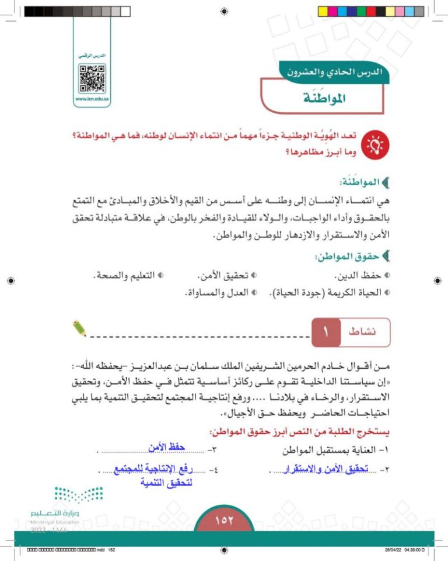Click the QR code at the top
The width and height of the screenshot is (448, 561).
point(92,78)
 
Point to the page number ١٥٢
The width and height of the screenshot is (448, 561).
point(224,520)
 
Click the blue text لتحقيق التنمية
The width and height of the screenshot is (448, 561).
point(167,483)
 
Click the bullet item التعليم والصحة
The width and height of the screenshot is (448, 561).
point(126,275)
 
